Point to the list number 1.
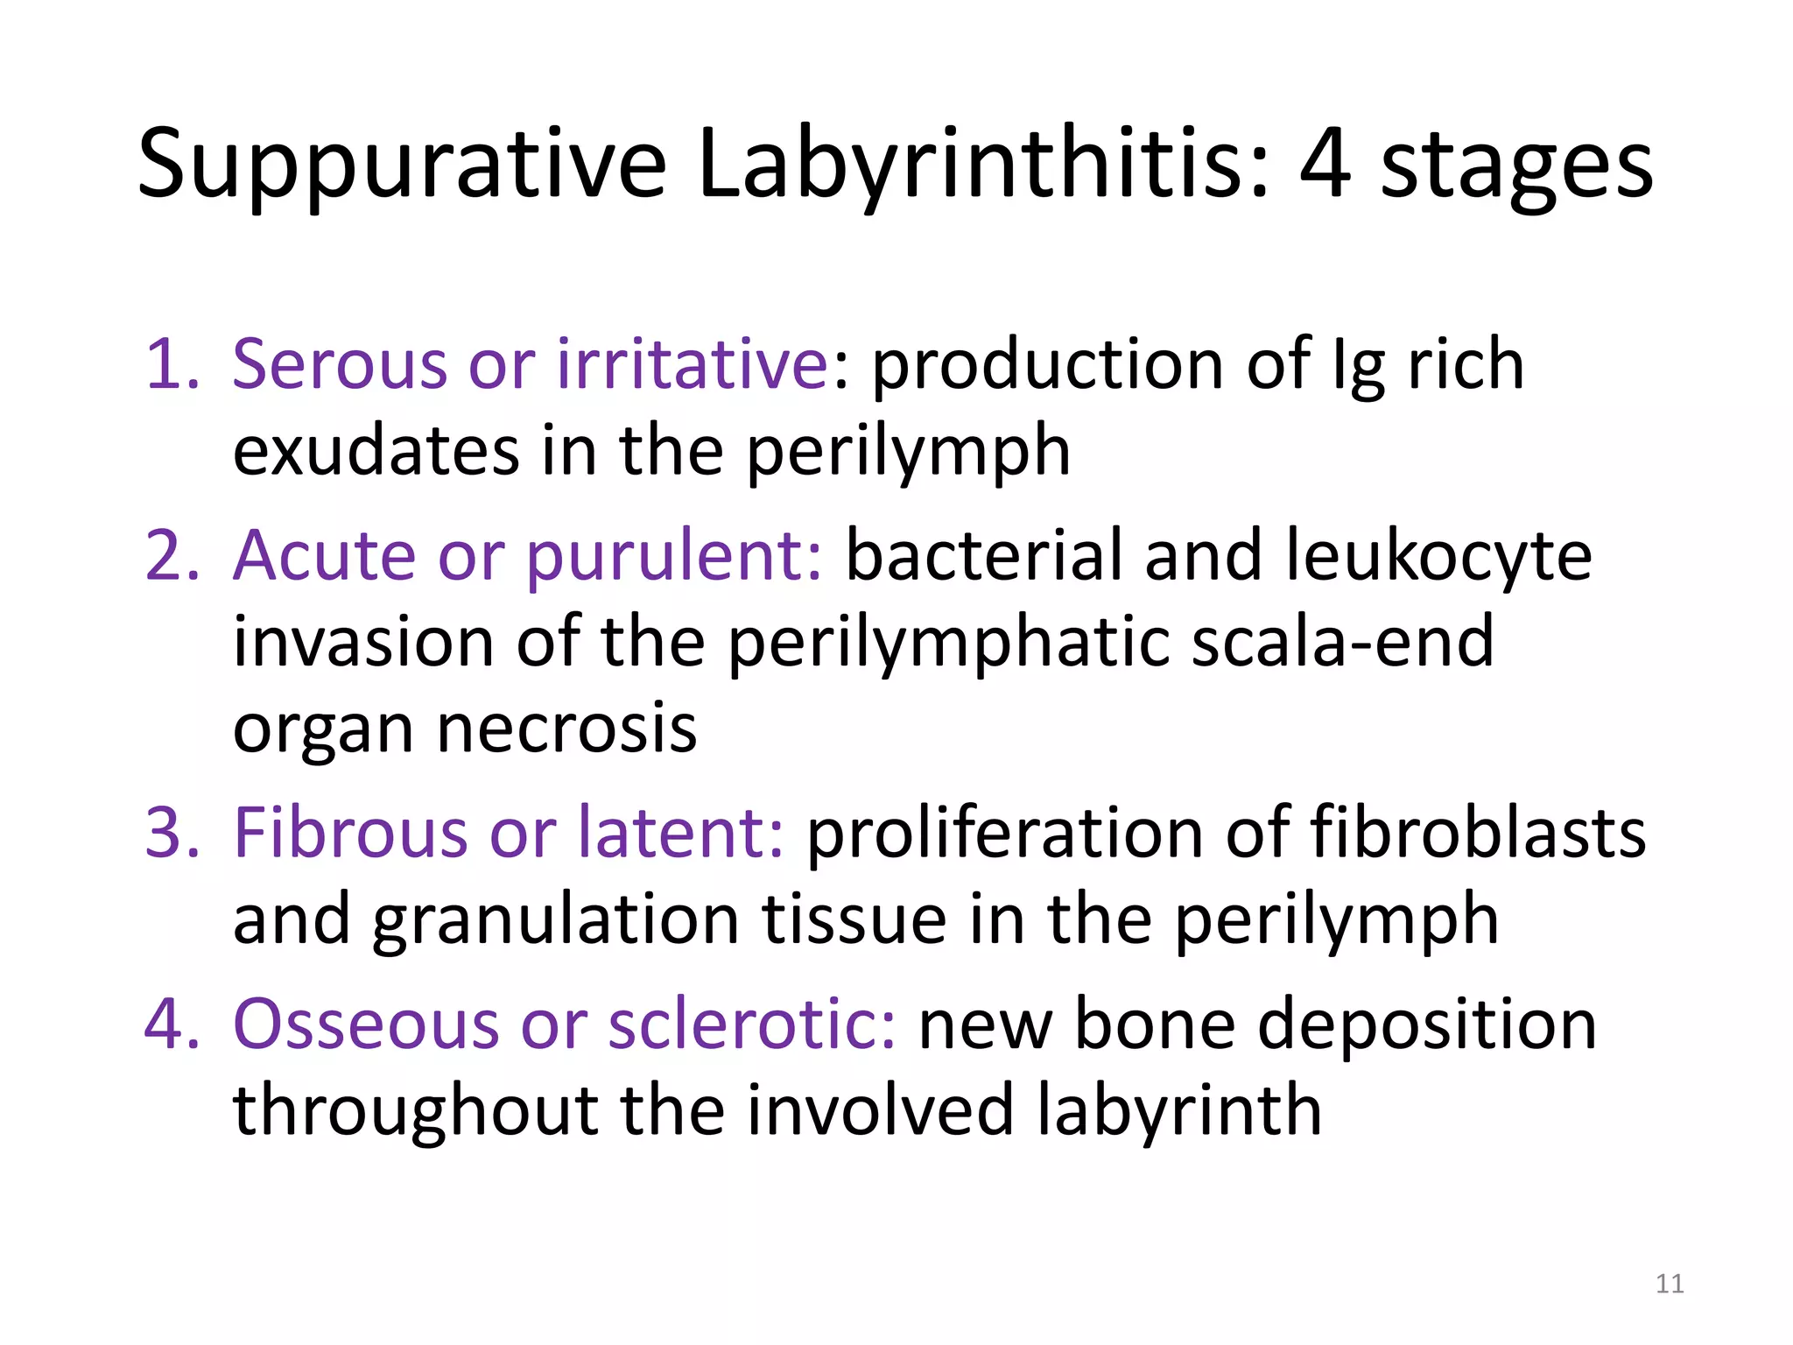click(172, 363)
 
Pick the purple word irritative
click(692, 365)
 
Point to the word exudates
click(376, 452)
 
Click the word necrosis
click(566, 729)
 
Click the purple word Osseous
click(366, 1025)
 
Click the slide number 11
click(1670, 1284)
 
